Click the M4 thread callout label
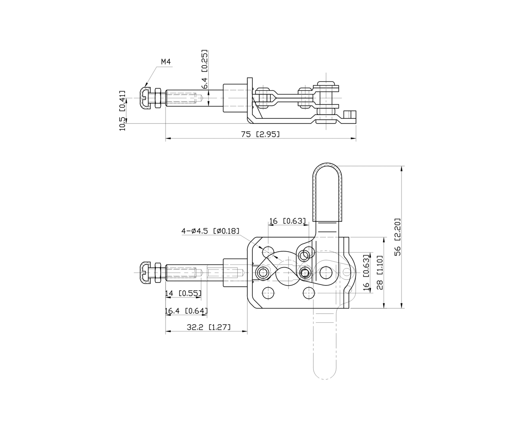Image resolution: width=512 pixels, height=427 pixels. tap(166, 61)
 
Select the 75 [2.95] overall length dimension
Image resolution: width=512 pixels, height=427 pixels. tap(260, 134)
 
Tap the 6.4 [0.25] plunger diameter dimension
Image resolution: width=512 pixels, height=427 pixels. tap(205, 69)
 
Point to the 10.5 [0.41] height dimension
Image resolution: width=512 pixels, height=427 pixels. tap(122, 111)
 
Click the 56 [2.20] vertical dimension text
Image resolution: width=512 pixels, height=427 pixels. tap(397, 237)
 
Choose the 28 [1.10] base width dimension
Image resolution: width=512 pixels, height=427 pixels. tap(380, 272)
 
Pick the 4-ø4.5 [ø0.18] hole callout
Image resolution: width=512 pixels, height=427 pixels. tap(210, 231)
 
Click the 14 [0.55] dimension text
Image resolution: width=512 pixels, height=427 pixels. tap(183, 293)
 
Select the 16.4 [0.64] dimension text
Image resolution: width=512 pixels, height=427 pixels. tap(186, 311)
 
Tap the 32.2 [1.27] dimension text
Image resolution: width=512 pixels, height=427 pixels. tap(209, 327)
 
